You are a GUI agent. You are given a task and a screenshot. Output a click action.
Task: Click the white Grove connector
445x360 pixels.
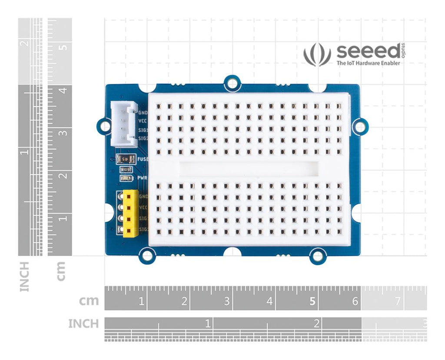[x=123, y=124]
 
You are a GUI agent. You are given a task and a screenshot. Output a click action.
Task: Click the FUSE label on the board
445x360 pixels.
[x=143, y=160]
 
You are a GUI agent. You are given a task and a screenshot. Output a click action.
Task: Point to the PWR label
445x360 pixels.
[x=142, y=178]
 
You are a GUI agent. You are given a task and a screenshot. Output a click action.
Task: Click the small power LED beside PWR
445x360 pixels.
[x=126, y=178]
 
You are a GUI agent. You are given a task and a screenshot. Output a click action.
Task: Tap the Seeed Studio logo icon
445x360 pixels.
[x=317, y=54]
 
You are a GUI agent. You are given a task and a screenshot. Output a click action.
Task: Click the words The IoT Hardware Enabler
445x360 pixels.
[x=369, y=63]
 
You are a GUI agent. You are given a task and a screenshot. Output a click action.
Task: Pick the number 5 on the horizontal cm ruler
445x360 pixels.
[x=312, y=301]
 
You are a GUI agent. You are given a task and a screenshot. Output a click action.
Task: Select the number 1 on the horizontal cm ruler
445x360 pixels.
[x=141, y=301]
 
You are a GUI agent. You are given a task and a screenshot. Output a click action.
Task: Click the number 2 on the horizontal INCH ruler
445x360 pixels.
[x=317, y=323]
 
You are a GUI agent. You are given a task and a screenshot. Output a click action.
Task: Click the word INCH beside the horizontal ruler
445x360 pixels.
[x=83, y=324]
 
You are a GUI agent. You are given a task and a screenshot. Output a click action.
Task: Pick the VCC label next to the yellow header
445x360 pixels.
[x=143, y=207]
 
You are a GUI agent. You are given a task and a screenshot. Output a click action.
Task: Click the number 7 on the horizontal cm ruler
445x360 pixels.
[x=397, y=301]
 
